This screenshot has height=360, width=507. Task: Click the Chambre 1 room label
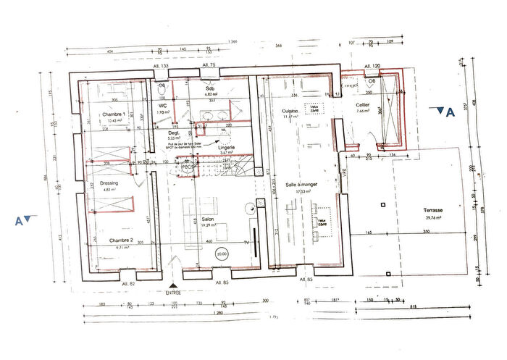click(x=113, y=114)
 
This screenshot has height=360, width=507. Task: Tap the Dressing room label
click(x=109, y=183)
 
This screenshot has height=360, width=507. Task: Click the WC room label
click(x=163, y=105)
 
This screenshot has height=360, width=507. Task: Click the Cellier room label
click(x=363, y=105)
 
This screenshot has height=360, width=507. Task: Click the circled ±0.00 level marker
click(x=221, y=254)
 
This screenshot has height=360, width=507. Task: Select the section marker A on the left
click(x=24, y=219)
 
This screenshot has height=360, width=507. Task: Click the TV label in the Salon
click(x=246, y=241)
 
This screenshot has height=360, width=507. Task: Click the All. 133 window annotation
click(x=160, y=66)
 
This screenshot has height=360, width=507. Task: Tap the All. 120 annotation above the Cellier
click(x=372, y=66)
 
